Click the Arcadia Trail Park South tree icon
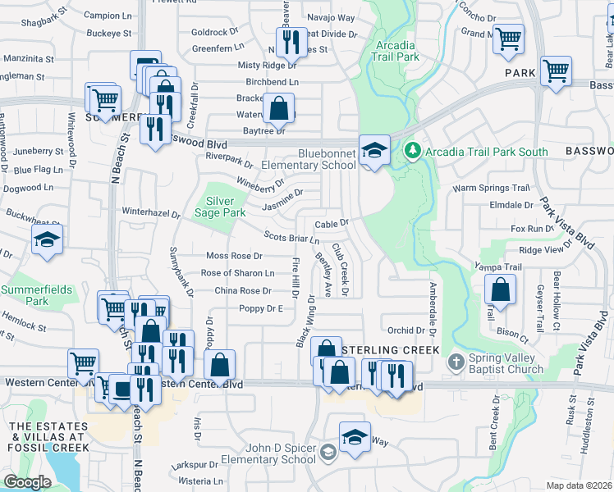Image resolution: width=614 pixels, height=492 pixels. pos(413,151)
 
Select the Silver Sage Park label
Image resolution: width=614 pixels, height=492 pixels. pos(220,207)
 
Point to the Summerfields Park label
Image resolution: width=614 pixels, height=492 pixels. pos(36,295)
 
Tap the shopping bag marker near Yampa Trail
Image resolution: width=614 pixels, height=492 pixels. pos(500,289)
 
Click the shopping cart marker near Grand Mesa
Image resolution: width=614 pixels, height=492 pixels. pos(508,38)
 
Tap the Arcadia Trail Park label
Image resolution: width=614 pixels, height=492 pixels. pos(396,51)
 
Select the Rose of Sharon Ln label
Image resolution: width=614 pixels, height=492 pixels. pos(238,273)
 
